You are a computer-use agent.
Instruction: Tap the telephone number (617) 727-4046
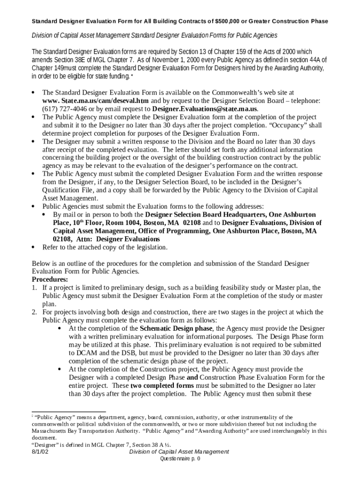[63, 109]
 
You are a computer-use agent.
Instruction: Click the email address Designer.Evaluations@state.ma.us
[205, 109]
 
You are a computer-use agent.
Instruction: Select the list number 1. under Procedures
[34, 288]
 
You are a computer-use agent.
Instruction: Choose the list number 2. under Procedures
[34, 312]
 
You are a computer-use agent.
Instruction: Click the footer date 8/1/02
[41, 452]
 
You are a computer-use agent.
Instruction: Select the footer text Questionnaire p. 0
[180, 459]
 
